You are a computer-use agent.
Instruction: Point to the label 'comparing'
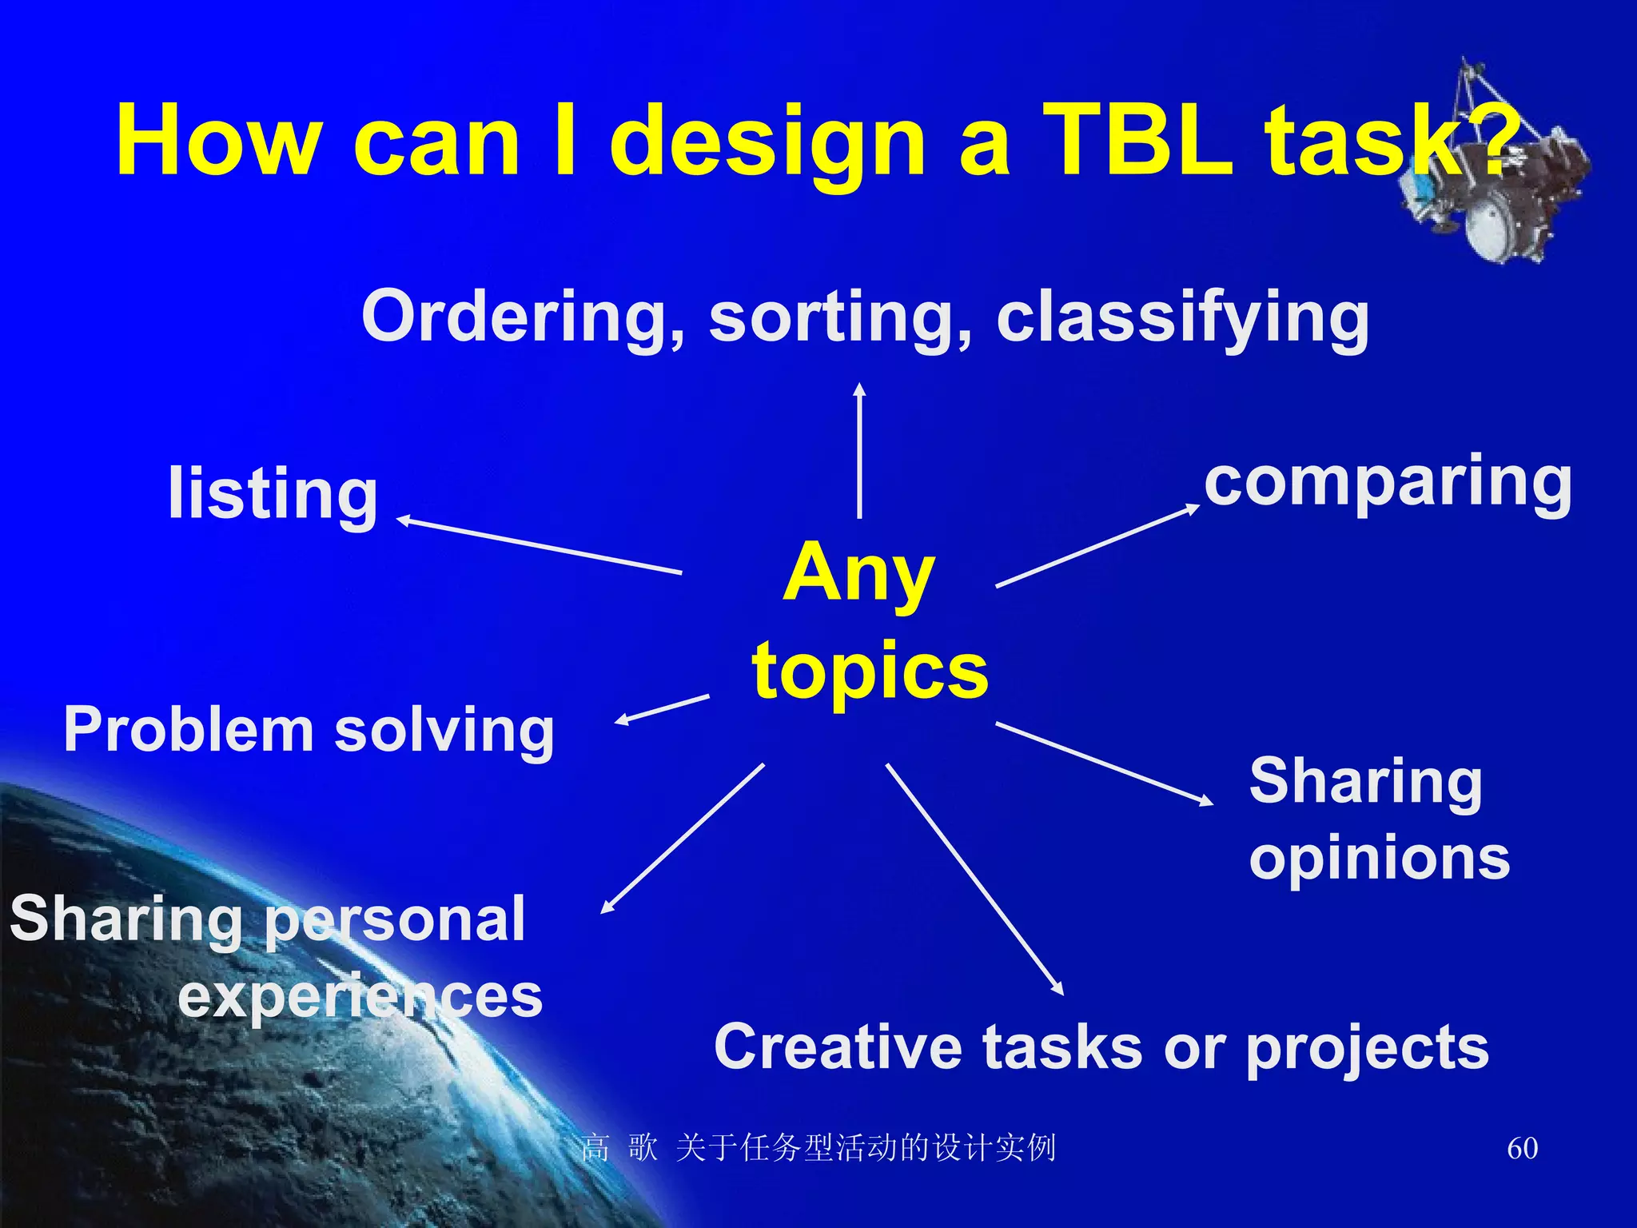tap(1388, 484)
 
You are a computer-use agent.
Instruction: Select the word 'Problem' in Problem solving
tap(189, 730)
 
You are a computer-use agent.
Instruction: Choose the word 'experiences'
tap(360, 997)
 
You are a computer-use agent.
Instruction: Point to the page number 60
tap(1522, 1148)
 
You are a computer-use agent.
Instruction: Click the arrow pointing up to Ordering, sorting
tap(859, 452)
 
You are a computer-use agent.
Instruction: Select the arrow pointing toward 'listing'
tap(540, 547)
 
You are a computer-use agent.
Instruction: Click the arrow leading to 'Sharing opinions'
tap(1103, 763)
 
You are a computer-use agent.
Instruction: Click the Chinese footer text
tap(818, 1148)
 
